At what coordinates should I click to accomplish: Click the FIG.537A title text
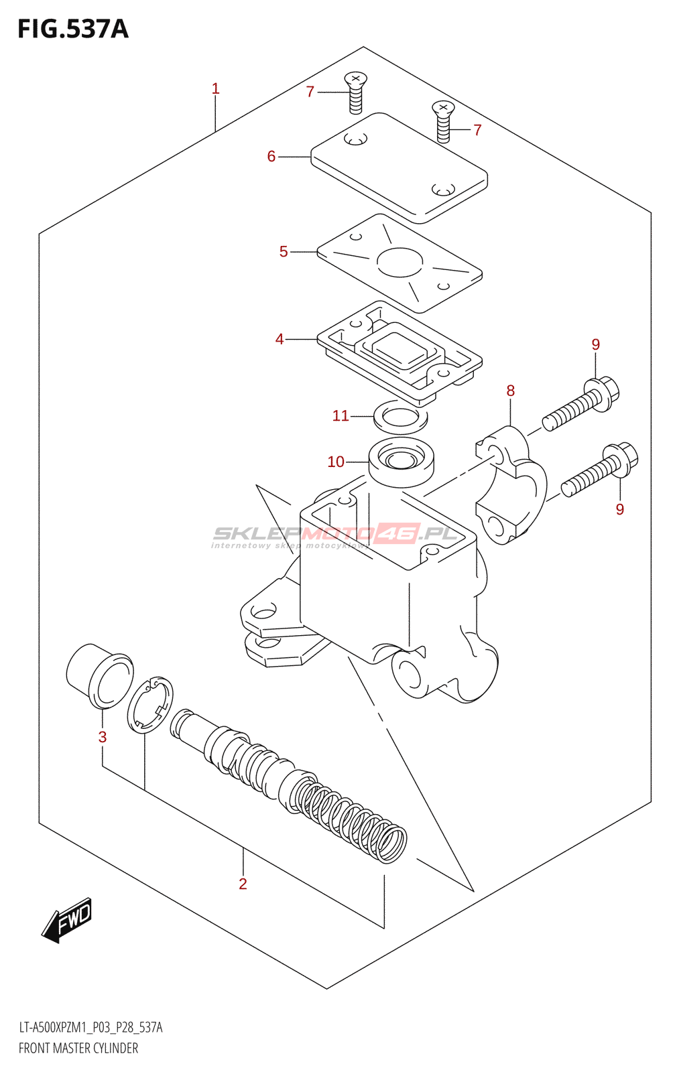click(x=72, y=29)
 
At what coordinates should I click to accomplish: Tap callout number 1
click(x=215, y=88)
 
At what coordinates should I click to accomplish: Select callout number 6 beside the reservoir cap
click(x=271, y=156)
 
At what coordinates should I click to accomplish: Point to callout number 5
click(x=284, y=251)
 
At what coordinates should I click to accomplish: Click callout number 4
click(x=280, y=339)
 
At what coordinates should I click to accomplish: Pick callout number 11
click(x=341, y=416)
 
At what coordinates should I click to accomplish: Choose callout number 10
click(x=336, y=462)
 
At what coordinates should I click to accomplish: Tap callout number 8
click(x=511, y=391)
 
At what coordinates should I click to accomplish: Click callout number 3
click(x=103, y=737)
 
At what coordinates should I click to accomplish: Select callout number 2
click(x=243, y=884)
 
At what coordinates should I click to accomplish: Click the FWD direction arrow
click(x=66, y=920)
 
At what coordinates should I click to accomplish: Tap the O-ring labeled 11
click(x=400, y=417)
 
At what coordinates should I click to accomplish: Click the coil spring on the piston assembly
click(x=352, y=817)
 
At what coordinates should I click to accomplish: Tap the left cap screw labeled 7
click(x=355, y=92)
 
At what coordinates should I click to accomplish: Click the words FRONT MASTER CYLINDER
click(x=78, y=1049)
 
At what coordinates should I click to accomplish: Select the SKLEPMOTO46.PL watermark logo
click(x=335, y=535)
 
